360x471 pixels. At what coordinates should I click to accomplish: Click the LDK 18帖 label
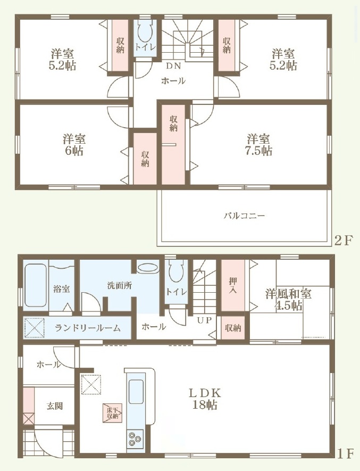[x=205, y=399]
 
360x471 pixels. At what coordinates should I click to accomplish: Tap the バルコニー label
[x=245, y=216]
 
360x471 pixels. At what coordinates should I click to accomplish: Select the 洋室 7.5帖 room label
[x=258, y=144]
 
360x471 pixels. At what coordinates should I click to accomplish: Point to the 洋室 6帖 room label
[x=74, y=144]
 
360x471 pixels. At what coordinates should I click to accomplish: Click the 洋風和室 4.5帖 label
[x=288, y=300]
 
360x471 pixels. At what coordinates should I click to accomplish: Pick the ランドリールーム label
[x=88, y=328]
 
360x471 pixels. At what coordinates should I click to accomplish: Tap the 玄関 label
[x=55, y=406]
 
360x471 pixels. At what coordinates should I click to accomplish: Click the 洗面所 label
[x=120, y=285]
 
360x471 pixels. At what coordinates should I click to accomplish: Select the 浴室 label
[x=62, y=289]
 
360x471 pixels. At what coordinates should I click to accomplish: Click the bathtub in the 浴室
[x=36, y=285]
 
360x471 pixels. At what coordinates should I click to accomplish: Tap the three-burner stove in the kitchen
[x=135, y=439]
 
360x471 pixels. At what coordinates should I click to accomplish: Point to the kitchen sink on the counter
[x=136, y=391]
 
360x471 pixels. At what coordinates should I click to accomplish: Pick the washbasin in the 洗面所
[x=148, y=267]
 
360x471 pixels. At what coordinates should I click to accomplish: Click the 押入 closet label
[x=233, y=285]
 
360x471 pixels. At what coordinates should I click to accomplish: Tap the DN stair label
[x=173, y=66]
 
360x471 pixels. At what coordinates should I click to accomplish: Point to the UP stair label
[x=205, y=320]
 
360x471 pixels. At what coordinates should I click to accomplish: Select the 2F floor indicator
[x=342, y=241]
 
